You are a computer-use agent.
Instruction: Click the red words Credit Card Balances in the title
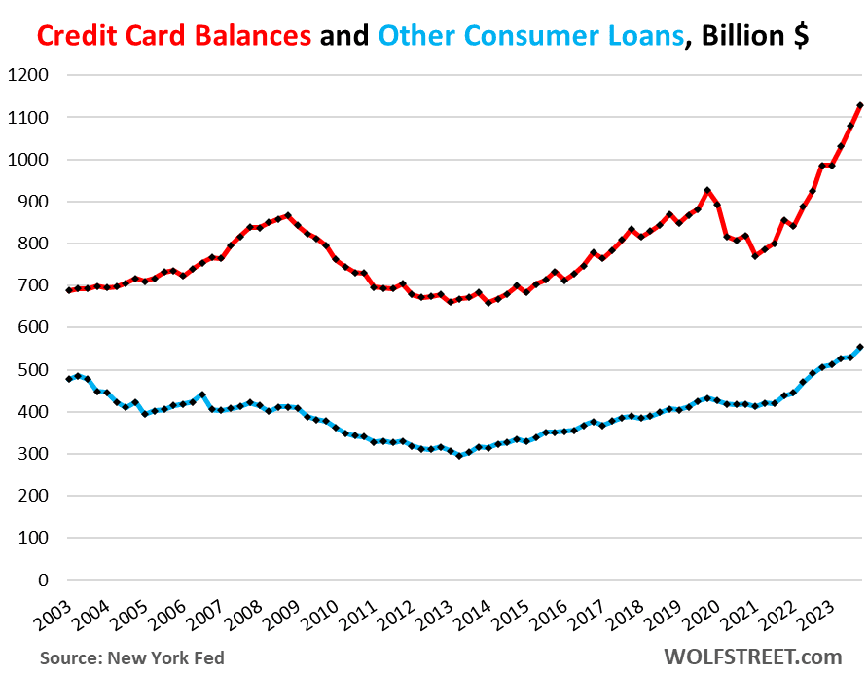[x=174, y=36]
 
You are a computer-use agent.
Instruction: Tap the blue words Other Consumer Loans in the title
[x=530, y=36]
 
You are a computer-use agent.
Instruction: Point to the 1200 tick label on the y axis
[x=30, y=75]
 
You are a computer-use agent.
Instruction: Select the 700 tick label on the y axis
[x=34, y=285]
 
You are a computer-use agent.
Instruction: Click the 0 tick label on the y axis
[x=44, y=580]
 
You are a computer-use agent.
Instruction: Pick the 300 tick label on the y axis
[x=34, y=454]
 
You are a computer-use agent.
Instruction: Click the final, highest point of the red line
[x=860, y=105]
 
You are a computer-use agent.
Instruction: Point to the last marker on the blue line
[x=860, y=347]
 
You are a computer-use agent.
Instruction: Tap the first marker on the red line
[x=69, y=290]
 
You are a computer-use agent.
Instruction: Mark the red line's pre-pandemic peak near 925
[x=707, y=191]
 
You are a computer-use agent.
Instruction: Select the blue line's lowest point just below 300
[x=459, y=456]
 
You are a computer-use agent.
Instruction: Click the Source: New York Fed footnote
[x=132, y=658]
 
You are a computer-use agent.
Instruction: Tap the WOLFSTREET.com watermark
[x=754, y=657]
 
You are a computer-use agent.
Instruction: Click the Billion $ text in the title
[x=754, y=36]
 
